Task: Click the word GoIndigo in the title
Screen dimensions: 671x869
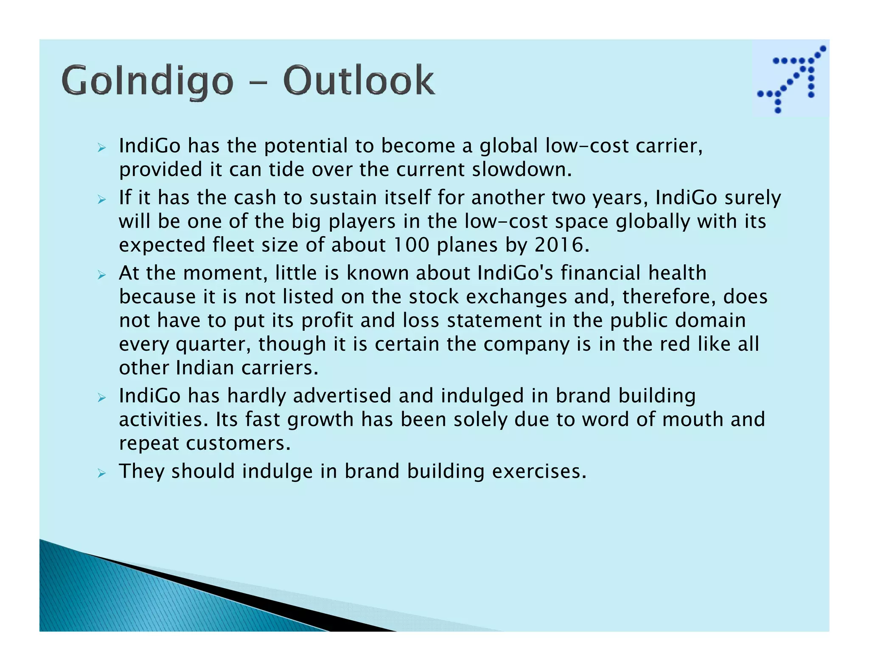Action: click(147, 81)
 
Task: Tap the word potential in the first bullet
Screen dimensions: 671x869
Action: click(306, 146)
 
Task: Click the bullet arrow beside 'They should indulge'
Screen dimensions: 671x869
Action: click(101, 473)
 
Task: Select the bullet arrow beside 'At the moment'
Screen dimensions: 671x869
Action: click(101, 275)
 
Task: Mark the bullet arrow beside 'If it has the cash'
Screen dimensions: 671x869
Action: click(101, 199)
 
